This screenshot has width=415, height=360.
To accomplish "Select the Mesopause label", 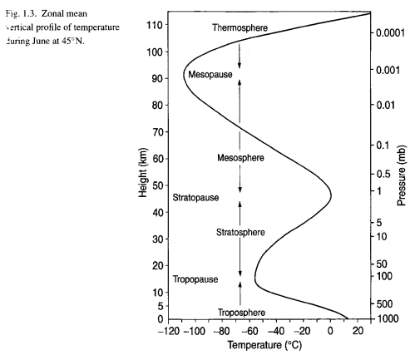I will coord(210,75).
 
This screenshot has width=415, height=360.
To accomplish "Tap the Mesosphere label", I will coord(240,157).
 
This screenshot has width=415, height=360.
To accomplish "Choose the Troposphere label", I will coord(242,312).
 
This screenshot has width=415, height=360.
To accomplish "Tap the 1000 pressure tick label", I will coord(384,319).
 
